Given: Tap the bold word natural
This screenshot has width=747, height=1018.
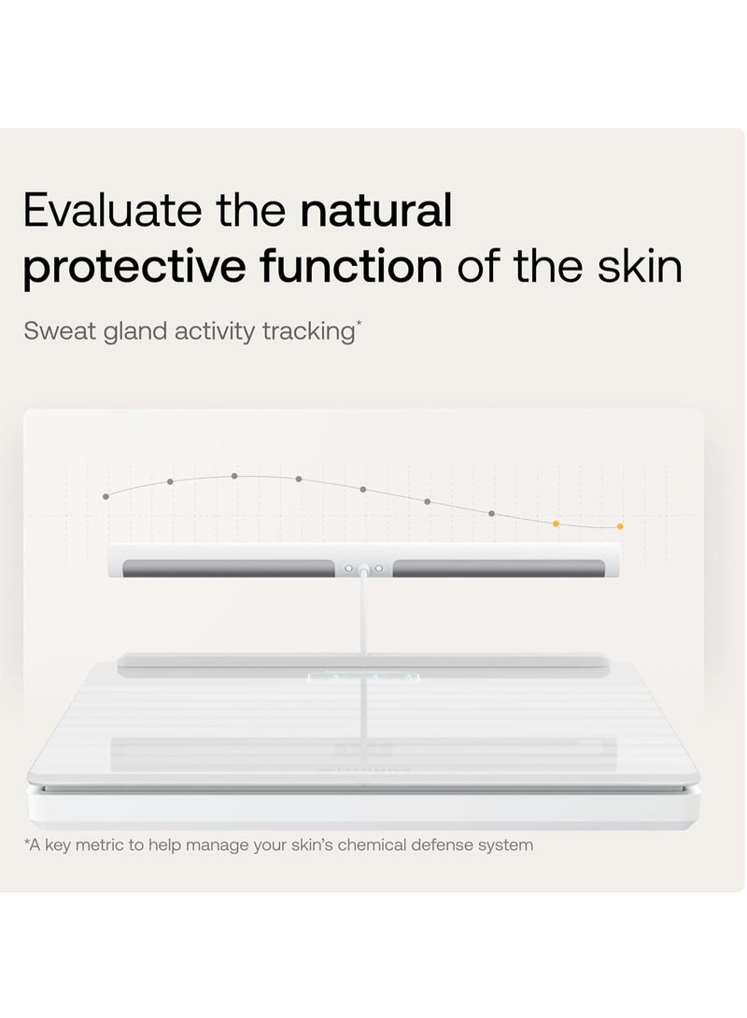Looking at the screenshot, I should (375, 212).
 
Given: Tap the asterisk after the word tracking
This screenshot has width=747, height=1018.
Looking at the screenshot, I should (358, 325).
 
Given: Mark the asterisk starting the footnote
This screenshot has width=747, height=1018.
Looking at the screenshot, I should (27, 843).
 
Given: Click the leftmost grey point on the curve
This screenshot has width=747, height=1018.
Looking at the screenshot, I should (106, 496).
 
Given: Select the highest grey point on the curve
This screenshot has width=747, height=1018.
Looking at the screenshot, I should (234, 476).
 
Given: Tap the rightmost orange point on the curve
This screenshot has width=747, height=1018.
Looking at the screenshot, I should (620, 526).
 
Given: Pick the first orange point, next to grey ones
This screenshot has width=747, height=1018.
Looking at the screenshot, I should (557, 523).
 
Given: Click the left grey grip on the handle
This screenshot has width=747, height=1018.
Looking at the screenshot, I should (229, 568).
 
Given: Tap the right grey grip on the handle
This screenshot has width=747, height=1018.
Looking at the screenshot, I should (498, 568).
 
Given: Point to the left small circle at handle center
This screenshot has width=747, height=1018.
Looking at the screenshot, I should (348, 568).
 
